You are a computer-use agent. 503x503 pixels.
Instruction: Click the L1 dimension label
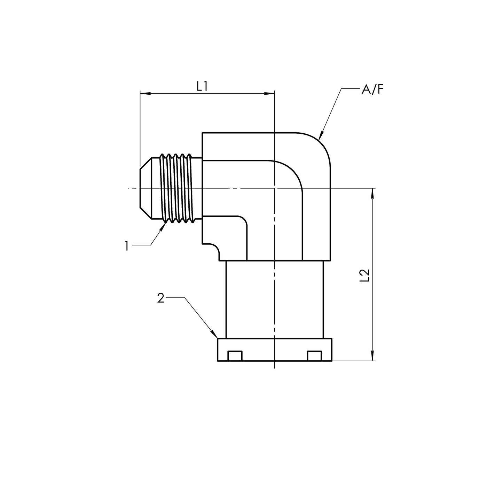coord(202,86)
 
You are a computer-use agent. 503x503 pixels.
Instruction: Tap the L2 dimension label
coord(365,275)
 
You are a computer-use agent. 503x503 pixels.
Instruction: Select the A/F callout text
coord(372,90)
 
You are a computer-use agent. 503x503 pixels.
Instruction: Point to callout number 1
coord(127,246)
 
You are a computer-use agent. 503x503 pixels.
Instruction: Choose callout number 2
coord(161,298)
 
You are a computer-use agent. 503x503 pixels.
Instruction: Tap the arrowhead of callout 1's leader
coord(164,226)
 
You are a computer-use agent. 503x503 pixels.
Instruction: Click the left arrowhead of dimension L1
coord(145,93)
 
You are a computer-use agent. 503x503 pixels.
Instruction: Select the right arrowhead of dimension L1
coord(269,93)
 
